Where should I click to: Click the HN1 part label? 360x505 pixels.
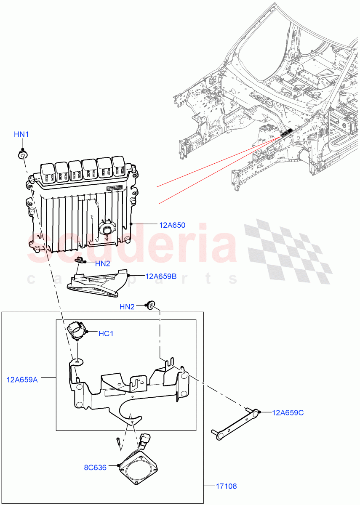pos(21,135)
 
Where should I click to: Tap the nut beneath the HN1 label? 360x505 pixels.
pos(22,155)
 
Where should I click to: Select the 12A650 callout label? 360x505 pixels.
pos(172,225)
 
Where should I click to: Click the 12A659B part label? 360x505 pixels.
pos(161,276)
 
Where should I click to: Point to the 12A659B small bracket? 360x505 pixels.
pos(97,283)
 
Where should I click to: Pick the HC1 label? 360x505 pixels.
pos(106,334)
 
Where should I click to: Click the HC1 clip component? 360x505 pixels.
pos(76,329)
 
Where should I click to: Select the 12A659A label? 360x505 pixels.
pos(22,380)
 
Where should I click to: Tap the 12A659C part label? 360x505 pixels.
pos(288,412)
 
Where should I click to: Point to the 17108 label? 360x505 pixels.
pos(227,486)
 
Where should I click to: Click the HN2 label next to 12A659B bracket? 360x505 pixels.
pos(102,264)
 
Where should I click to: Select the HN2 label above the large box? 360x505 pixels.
pos(127,307)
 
